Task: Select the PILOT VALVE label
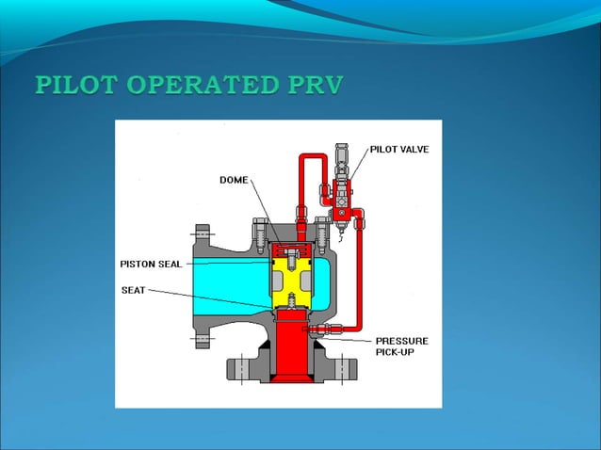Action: click(x=398, y=149)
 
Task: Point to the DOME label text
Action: click(x=234, y=179)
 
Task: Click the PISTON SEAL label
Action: click(x=150, y=263)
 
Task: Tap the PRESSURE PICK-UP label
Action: click(x=401, y=346)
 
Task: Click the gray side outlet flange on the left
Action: click(x=202, y=282)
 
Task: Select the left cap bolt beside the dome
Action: click(x=260, y=230)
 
